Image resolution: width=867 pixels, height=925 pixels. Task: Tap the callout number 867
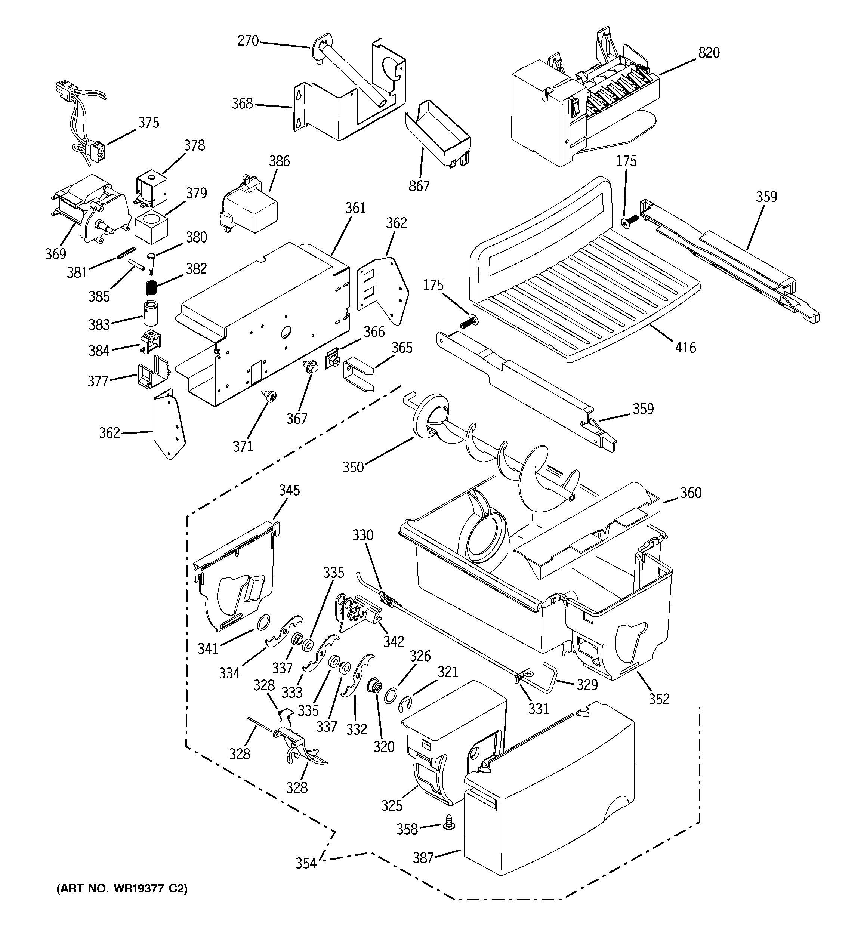point(419,186)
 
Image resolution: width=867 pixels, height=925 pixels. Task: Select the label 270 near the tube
point(248,41)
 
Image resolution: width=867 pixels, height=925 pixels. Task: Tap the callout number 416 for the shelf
point(685,347)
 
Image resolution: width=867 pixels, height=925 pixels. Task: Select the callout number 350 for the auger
point(353,467)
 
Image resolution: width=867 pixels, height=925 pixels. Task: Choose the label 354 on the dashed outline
point(306,864)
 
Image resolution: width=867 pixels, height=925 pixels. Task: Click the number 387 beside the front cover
point(423,858)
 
